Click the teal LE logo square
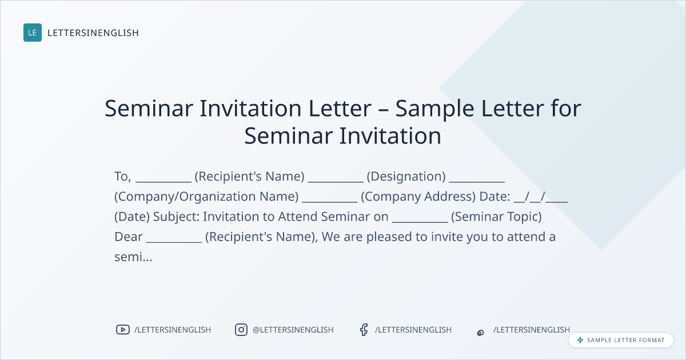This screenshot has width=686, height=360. click(x=33, y=33)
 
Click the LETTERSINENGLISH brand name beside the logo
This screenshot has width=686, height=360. click(x=93, y=33)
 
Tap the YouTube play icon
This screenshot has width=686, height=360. click(x=123, y=330)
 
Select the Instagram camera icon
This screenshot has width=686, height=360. click(x=241, y=330)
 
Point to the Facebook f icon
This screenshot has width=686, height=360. click(x=364, y=330)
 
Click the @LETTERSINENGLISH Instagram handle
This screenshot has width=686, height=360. click(x=293, y=330)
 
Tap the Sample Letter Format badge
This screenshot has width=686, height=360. click(x=621, y=340)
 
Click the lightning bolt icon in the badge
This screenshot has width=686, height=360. click(x=580, y=340)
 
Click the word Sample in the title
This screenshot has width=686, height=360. click(x=435, y=109)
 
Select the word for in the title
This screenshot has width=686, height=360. click(x=566, y=108)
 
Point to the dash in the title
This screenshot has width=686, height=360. click(x=383, y=110)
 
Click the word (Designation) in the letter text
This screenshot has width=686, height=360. click(x=406, y=177)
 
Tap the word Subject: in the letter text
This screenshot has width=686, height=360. click(x=176, y=217)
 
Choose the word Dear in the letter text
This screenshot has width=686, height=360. click(x=129, y=237)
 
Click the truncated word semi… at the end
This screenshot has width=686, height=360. click(x=133, y=257)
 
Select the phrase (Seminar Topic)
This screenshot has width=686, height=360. click(x=496, y=217)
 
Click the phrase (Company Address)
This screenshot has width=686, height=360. click(x=418, y=197)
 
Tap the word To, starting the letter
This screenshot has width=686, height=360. click(x=123, y=177)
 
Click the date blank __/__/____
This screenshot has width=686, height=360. click(x=541, y=197)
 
